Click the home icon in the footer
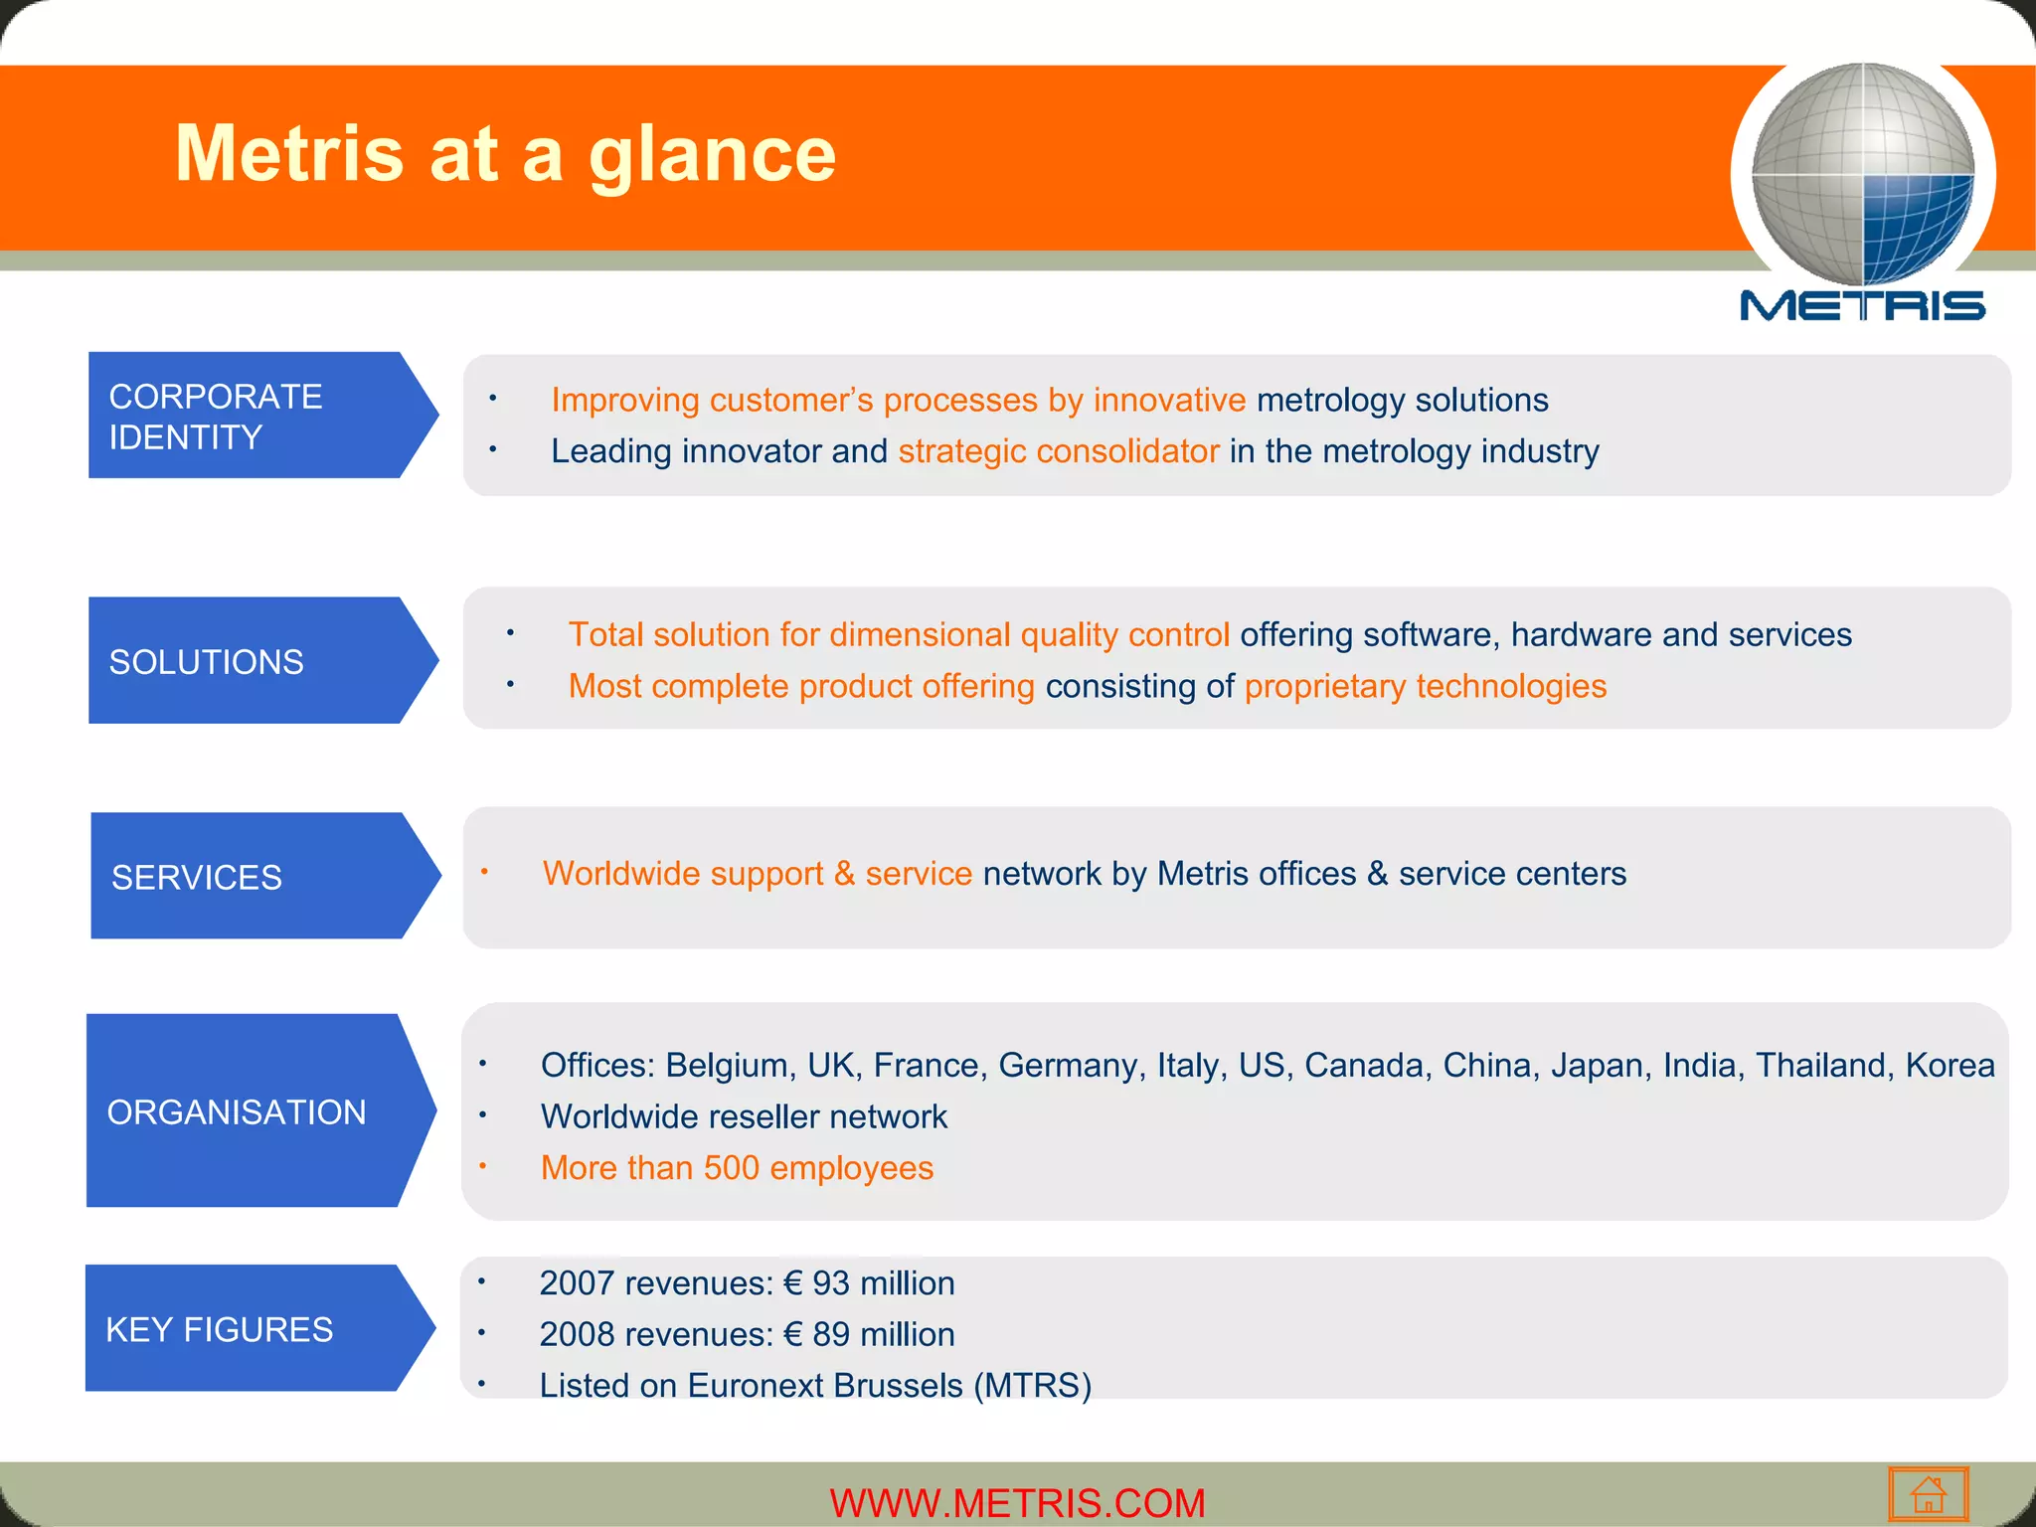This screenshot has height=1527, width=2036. click(x=1928, y=1494)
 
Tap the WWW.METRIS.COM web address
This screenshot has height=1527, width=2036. click(x=1017, y=1502)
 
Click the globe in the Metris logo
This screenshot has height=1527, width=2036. click(x=1862, y=175)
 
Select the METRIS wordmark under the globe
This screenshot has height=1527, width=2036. click(x=1862, y=305)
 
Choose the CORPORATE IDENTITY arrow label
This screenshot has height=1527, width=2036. click(x=249, y=416)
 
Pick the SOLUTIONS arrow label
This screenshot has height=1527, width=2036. click(x=249, y=661)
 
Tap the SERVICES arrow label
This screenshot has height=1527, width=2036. click(x=249, y=877)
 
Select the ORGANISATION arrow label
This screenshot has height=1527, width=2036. click(x=249, y=1111)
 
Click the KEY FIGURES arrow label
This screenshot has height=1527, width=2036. click(x=249, y=1329)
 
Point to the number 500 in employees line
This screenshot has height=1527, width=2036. click(x=731, y=1168)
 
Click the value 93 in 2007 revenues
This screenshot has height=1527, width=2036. click(x=830, y=1283)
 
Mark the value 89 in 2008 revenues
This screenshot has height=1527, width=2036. click(x=830, y=1335)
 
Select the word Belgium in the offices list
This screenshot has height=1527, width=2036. click(x=727, y=1066)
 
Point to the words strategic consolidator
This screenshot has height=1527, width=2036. click(x=1058, y=451)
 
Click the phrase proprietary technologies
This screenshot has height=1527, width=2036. click(x=1425, y=686)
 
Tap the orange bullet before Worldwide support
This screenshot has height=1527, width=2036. click(x=484, y=872)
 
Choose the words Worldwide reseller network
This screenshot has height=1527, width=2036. click(x=744, y=1117)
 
